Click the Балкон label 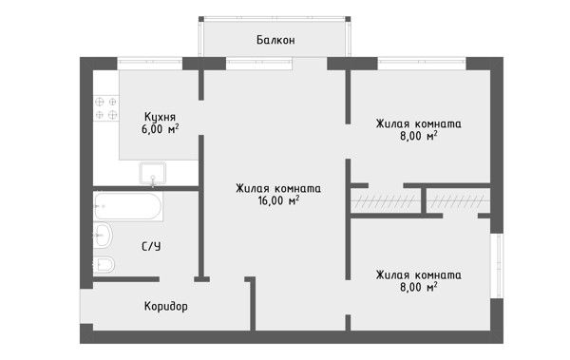(x=275, y=40)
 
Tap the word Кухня (x=160, y=117)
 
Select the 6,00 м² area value (x=160, y=129)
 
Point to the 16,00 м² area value (x=278, y=200)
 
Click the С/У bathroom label (x=151, y=247)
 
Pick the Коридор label (x=166, y=306)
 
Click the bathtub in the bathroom (x=128, y=206)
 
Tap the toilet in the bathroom (x=104, y=265)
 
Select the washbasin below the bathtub (x=103, y=236)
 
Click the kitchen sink (x=153, y=173)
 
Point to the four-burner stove (x=106, y=108)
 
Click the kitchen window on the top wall (x=150, y=64)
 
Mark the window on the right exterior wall (x=497, y=266)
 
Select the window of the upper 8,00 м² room (x=422, y=64)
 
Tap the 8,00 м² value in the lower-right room (x=418, y=287)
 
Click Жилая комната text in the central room (x=278, y=189)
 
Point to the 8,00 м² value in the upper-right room (x=418, y=136)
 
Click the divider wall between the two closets (x=424, y=200)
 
